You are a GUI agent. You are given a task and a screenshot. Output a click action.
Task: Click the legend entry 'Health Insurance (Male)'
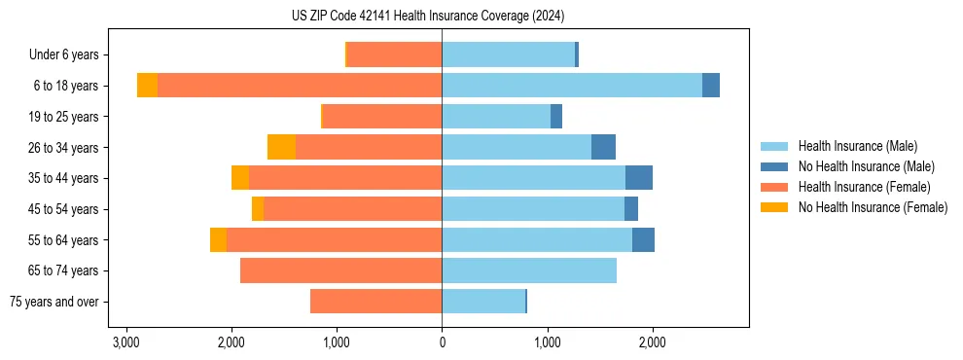pos(857,146)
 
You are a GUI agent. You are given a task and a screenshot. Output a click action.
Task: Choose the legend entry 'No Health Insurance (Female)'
pos(873,207)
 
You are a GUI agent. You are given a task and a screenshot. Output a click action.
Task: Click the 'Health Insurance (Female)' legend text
pos(864,187)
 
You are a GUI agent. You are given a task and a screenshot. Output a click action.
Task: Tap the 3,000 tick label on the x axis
pos(125,342)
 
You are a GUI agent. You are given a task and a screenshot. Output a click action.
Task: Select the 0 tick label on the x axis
pos(442,342)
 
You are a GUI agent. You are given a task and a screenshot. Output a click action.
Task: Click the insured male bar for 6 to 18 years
pos(572,86)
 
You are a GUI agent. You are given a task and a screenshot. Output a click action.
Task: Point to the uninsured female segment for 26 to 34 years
pos(281,147)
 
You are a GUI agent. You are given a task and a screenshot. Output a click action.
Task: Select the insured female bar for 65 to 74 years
pos(340,270)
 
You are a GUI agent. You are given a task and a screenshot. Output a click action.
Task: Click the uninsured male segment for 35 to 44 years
pos(638,178)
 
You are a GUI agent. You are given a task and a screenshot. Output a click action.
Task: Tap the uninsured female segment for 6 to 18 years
pos(147,86)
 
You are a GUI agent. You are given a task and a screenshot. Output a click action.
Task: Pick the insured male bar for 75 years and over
pos(483,302)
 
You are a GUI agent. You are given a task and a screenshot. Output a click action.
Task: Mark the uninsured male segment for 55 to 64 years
pos(643,239)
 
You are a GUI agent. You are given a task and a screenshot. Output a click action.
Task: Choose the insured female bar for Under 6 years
pos(394,55)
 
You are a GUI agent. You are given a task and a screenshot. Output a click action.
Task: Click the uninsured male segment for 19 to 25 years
pos(556,117)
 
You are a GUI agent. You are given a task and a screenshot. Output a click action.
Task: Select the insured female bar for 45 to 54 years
pos(352,209)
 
